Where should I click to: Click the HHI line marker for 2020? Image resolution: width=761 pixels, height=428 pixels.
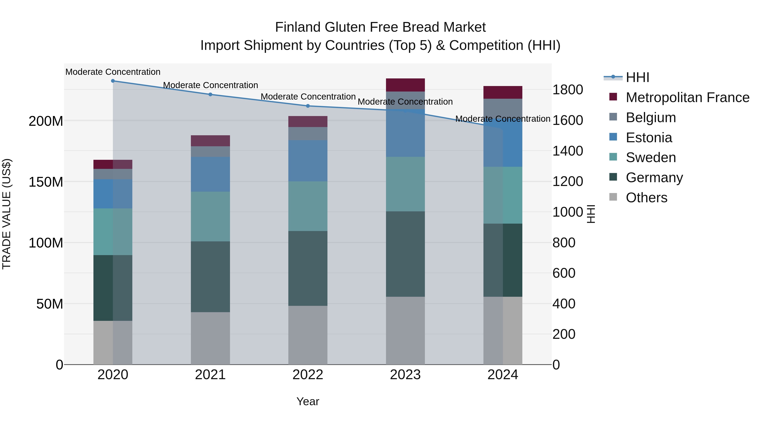(x=113, y=81)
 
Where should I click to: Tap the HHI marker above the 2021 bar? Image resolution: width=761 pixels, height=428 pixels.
(x=210, y=94)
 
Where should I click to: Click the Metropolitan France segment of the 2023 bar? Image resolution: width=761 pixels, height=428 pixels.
(x=405, y=85)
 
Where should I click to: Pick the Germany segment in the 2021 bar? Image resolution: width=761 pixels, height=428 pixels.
(x=210, y=277)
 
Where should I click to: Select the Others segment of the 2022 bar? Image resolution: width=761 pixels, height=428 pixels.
(x=308, y=335)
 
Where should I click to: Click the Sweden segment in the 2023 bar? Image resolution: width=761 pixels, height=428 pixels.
(x=405, y=184)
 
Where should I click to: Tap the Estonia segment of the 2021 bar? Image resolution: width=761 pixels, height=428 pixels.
(x=210, y=174)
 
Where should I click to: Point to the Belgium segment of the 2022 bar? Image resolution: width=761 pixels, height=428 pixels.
(x=308, y=134)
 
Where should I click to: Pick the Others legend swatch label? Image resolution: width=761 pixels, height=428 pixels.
(x=646, y=198)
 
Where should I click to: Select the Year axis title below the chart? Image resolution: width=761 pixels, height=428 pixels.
(x=308, y=401)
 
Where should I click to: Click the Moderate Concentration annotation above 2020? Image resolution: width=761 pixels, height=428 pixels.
(x=113, y=72)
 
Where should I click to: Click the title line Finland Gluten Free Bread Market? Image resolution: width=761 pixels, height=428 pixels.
(x=380, y=27)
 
